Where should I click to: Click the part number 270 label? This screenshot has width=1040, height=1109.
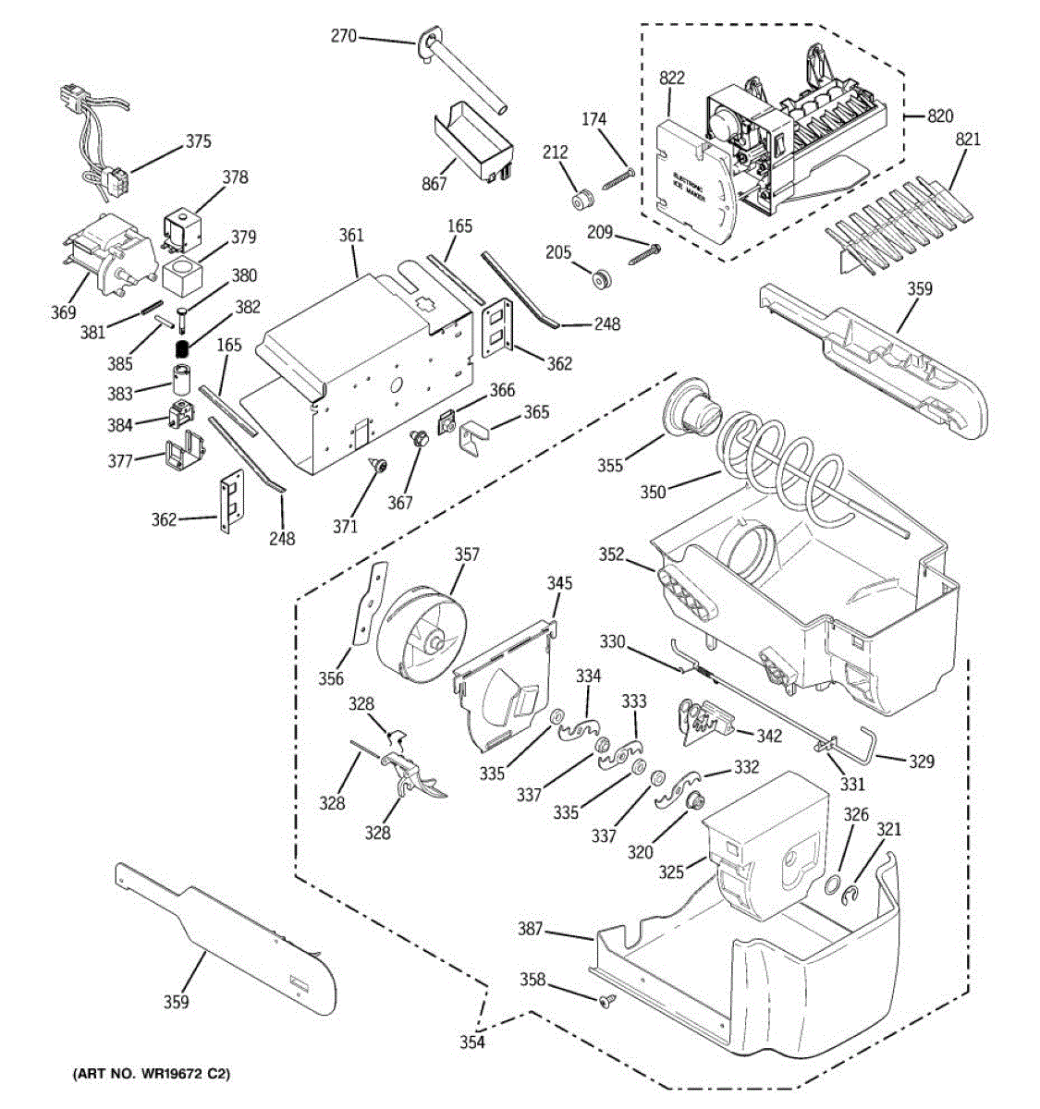pos(343,37)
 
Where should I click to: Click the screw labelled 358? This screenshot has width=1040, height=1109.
pos(606,1001)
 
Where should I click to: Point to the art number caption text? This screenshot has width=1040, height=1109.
pos(151,1075)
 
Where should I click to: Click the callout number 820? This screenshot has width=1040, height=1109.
pos(940,116)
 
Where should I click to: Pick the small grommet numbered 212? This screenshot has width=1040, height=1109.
pos(582,199)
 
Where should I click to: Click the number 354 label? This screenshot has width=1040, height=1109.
pos(472,1042)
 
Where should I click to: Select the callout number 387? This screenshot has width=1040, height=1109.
pos(530,929)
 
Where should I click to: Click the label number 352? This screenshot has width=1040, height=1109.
pos(612,554)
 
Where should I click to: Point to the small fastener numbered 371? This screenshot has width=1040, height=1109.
pos(377,466)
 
